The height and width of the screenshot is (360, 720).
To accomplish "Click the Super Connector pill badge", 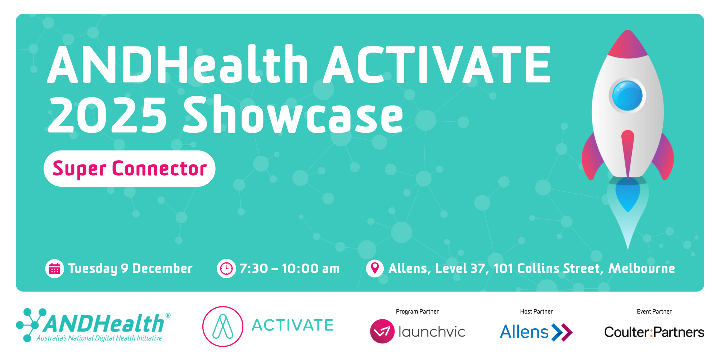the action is [x=130, y=168].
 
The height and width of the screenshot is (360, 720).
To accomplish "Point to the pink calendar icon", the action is [x=55, y=269].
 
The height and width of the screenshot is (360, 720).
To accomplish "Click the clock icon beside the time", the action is [x=226, y=269].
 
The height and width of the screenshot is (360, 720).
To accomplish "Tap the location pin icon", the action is [x=375, y=269].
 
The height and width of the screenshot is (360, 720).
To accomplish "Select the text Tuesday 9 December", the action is [x=130, y=269].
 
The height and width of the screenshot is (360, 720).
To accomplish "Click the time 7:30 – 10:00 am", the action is [x=289, y=269].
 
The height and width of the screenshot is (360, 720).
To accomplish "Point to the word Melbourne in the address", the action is [x=642, y=268].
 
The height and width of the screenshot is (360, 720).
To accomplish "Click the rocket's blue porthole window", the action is [x=627, y=95].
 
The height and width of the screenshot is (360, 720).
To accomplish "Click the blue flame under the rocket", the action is [x=628, y=194].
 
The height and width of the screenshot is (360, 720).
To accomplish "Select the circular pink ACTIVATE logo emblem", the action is [x=223, y=327].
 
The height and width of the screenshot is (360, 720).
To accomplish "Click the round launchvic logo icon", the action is [x=382, y=331].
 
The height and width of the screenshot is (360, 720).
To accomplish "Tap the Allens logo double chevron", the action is [x=562, y=332].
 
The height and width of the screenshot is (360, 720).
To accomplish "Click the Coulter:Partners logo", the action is [x=654, y=332].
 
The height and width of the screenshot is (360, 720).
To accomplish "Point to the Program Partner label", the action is [x=417, y=311].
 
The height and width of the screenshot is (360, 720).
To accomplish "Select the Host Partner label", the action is [x=536, y=311].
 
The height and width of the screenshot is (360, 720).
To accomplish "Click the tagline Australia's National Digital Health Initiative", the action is [x=99, y=338].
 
